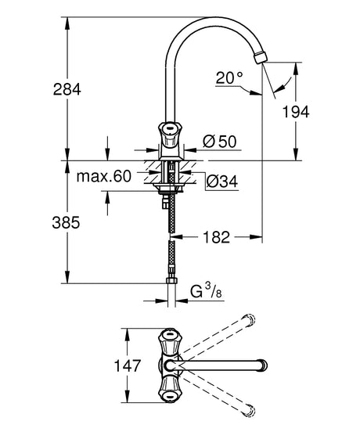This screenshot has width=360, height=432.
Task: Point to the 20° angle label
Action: tap(229, 77)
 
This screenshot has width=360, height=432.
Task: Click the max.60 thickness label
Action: tap(104, 176)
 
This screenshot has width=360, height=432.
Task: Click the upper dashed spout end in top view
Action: tap(250, 320)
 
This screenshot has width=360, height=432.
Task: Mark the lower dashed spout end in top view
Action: tap(250, 409)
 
